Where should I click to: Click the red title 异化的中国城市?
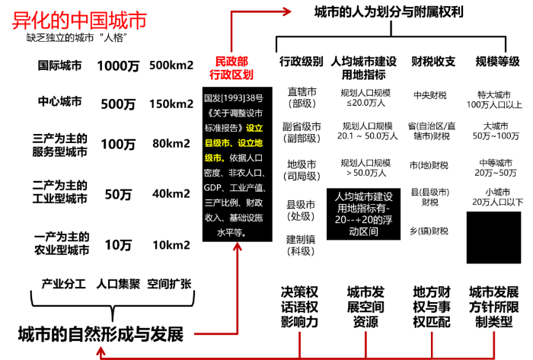pyautogui.click(x=79, y=21)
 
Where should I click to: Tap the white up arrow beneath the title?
pyautogui.click(x=105, y=44)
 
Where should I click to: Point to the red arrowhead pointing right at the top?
pyautogui.click(x=286, y=11)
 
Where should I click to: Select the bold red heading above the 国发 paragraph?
pyautogui.click(x=231, y=68)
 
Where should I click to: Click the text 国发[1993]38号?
pyautogui.click(x=233, y=98)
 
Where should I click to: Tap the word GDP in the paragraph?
pyautogui.click(x=213, y=188)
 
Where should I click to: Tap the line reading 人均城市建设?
pyautogui.click(x=364, y=196)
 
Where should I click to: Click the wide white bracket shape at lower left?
pyautogui.click(x=112, y=297)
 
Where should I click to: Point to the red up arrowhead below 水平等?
pyautogui.click(x=238, y=246)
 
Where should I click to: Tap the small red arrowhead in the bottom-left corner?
pyautogui.click(x=101, y=351)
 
